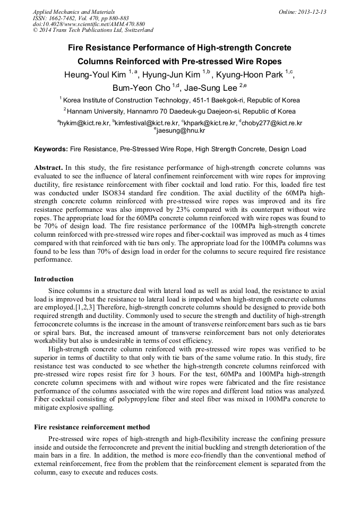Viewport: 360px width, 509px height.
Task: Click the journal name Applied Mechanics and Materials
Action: (x=73, y=12)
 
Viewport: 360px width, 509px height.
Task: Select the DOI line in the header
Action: (x=89, y=24)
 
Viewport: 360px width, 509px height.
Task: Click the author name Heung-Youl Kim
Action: (x=95, y=75)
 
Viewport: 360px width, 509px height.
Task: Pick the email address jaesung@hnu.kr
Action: (x=181, y=130)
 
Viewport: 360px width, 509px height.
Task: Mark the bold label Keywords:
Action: (x=51, y=149)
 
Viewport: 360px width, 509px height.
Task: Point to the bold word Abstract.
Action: (x=48, y=167)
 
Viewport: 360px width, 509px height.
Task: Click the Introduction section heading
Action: (x=54, y=279)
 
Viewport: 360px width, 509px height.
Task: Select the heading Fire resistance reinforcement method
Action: (x=92, y=427)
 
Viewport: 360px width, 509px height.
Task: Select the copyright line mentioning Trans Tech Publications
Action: (x=93, y=30)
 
